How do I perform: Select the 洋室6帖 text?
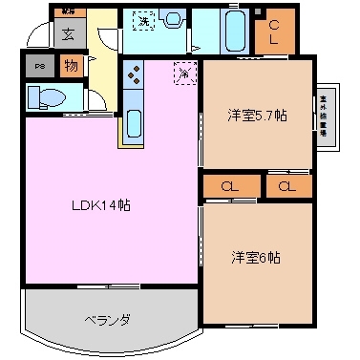(x=255, y=257)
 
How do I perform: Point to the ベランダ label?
(x=106, y=320)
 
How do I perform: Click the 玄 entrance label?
(x=70, y=34)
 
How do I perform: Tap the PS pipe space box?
(x=39, y=67)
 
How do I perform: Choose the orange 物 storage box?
(x=71, y=66)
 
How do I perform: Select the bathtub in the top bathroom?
(x=234, y=31)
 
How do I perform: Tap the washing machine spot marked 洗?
(x=143, y=19)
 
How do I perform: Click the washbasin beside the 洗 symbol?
(x=173, y=18)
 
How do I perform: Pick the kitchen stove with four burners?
(x=134, y=75)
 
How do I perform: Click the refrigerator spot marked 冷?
(x=183, y=70)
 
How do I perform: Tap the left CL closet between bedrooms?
(x=230, y=186)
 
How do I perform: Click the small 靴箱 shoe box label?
(x=69, y=12)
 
